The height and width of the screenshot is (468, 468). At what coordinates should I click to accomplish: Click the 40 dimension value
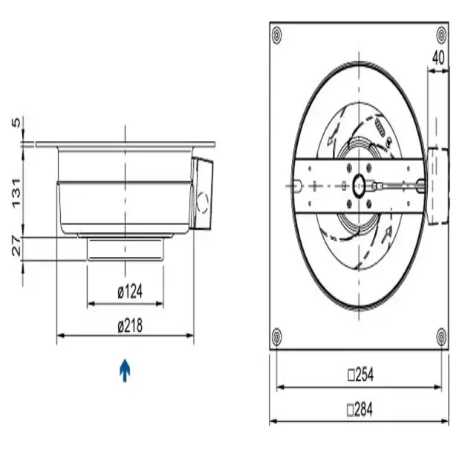coord(438,56)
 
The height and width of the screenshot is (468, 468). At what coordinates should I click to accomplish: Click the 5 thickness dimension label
coord(16,123)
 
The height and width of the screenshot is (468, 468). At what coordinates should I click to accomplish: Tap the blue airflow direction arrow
coord(126,369)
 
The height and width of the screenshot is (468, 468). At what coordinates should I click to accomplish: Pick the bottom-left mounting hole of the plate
coord(277,336)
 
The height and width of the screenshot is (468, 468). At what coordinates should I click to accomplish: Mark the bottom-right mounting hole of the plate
coord(442,336)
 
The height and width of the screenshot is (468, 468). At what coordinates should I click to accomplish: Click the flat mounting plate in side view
coord(125,144)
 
